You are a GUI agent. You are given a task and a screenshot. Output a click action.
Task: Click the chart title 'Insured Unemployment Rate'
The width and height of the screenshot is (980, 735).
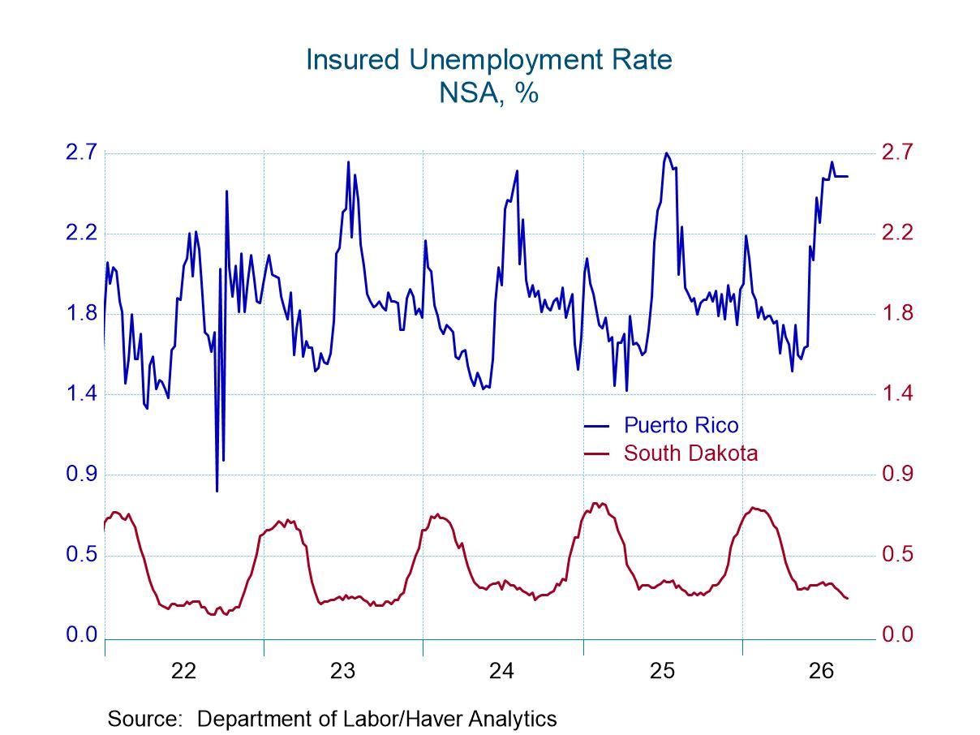tap(489, 60)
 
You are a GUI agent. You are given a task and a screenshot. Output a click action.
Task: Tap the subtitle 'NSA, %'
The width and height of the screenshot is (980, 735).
tap(489, 93)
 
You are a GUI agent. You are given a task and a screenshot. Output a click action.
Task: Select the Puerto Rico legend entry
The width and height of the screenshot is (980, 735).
tap(661, 426)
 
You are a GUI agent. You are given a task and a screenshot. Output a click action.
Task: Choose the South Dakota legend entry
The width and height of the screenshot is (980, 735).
tap(671, 453)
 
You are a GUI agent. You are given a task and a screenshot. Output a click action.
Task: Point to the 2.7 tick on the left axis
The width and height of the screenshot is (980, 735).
tap(81, 153)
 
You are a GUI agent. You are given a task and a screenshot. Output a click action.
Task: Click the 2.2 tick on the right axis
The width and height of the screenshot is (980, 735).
tap(898, 234)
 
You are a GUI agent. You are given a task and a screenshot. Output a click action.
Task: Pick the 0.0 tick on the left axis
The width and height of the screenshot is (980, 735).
tap(81, 634)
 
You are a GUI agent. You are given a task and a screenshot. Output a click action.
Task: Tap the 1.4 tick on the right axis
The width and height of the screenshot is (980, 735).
tap(898, 393)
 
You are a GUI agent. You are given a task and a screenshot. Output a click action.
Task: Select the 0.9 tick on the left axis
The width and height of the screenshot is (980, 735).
tap(81, 474)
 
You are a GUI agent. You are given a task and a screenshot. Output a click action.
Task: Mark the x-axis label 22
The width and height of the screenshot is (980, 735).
tap(183, 671)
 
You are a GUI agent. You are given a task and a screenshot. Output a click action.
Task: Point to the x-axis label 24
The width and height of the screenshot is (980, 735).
tap(502, 671)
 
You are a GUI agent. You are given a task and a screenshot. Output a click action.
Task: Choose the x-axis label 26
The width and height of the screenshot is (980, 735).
tap(821, 671)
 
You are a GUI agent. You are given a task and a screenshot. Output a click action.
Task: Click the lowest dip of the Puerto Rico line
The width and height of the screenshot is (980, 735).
tap(217, 492)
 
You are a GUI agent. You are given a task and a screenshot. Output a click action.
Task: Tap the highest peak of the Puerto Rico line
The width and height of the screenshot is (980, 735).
tap(667, 153)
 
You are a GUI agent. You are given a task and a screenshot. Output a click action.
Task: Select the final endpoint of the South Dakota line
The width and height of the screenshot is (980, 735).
tap(847, 599)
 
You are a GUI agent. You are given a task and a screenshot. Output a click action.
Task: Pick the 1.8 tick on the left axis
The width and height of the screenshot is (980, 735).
tap(81, 313)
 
